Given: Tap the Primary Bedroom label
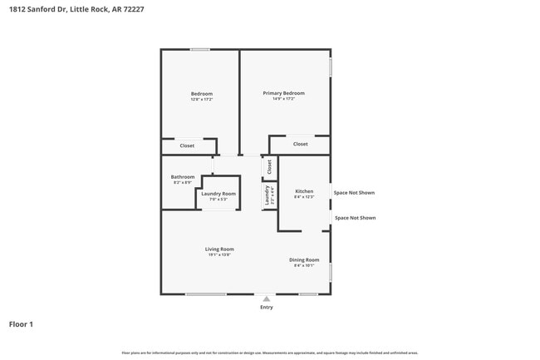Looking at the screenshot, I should tap(283, 93).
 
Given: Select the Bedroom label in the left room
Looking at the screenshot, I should tap(202, 94).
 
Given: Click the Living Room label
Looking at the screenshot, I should tap(219, 249).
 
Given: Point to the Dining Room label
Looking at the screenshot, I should tap(304, 260).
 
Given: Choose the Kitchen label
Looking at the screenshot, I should tap(303, 191).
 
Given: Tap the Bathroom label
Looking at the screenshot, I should tap(183, 176).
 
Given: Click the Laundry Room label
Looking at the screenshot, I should tap(218, 194).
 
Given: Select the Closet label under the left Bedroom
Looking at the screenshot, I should tap(187, 145).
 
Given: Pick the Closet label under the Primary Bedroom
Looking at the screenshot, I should tap(300, 144).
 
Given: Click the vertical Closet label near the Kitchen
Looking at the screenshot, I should tap(269, 166).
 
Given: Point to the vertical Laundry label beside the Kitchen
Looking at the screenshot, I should tap(267, 195).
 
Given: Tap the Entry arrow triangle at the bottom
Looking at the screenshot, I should tap(266, 298).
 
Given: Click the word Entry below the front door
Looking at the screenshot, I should tap(266, 308).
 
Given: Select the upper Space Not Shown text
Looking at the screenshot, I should tap(354, 192).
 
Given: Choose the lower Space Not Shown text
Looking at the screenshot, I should tap(355, 218).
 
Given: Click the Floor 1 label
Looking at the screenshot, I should tap(21, 324).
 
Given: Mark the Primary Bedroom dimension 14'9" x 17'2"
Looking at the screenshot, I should tap(283, 99).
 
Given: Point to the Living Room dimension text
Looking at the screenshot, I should tap(219, 254).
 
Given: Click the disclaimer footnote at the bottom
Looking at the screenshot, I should tap(269, 353).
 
